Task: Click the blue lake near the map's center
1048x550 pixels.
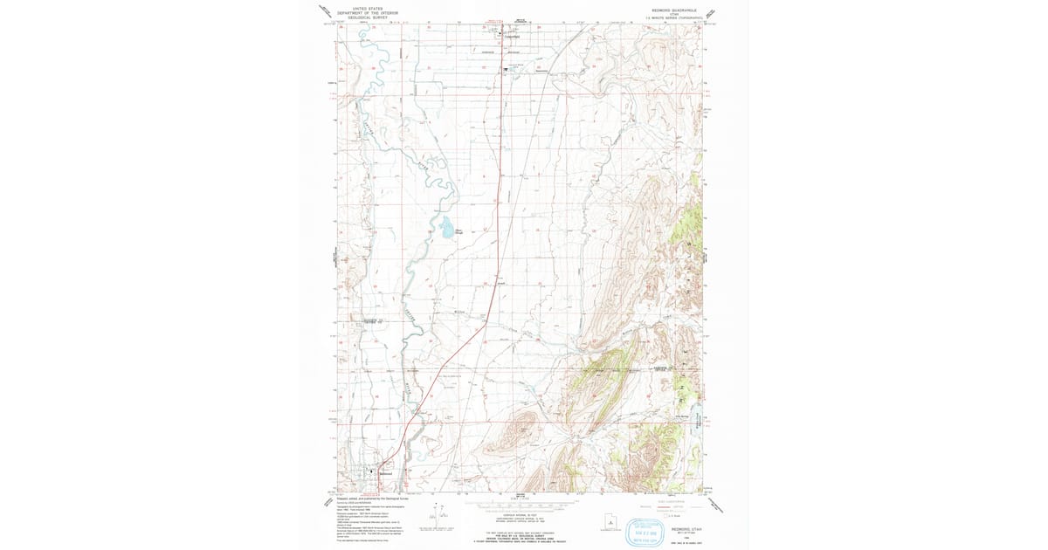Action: (x=447, y=228)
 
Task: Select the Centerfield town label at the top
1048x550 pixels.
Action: (x=510, y=37)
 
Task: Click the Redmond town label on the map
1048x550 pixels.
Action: (x=382, y=472)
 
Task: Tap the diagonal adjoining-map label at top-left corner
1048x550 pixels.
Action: (x=324, y=12)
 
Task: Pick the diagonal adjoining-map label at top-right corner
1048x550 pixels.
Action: (x=710, y=12)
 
